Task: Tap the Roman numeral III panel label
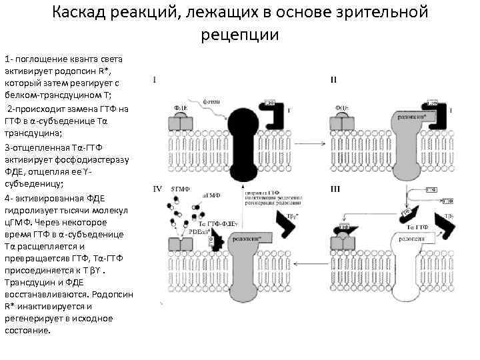(336, 189)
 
